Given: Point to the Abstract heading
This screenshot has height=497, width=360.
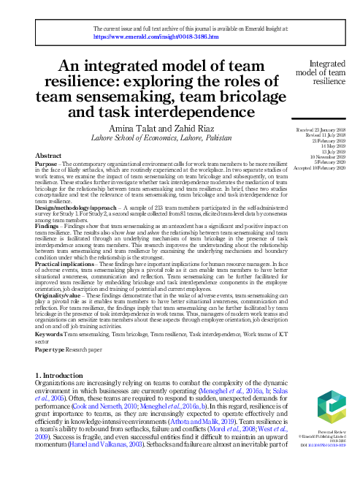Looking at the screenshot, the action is click(48, 156).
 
